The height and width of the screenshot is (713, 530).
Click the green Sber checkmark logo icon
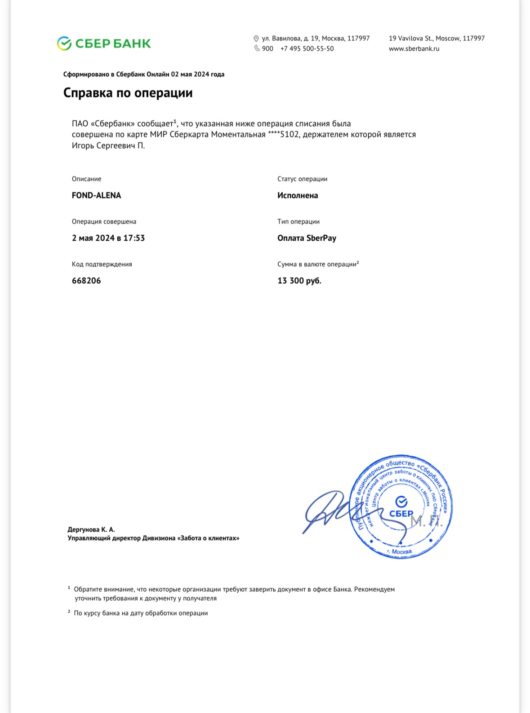pos(64,44)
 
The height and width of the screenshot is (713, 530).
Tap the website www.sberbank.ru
pos(414,48)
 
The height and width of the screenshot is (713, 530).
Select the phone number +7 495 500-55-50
pos(307,48)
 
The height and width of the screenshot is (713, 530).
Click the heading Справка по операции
pos(128,93)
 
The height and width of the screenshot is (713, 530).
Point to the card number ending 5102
pos(283,134)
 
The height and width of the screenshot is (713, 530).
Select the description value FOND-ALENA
pos(96,195)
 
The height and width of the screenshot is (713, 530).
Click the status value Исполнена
pos(297,195)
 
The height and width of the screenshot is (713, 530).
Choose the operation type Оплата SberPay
pos(307,238)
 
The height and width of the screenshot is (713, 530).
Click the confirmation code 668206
pos(86,281)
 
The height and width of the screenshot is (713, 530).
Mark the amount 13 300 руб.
pos(299,281)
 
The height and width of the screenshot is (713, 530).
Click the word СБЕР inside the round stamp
pos(401,514)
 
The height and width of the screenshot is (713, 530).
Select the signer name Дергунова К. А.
pos(91,529)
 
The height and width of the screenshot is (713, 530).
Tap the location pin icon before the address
pos(256,39)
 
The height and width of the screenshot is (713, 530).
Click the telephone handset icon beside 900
pos(257,48)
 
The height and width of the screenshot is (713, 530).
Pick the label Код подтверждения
pos(102,264)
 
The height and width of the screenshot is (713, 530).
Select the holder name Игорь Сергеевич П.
pos(108,145)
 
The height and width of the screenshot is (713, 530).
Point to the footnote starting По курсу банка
pos(141,613)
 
